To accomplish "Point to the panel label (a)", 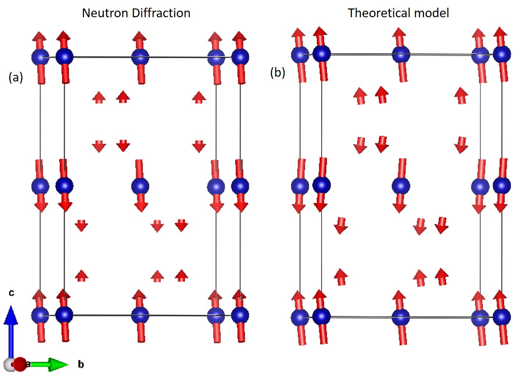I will pos(16,77).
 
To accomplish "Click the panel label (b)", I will pos(278,72).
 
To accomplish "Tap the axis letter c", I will pos(11,292).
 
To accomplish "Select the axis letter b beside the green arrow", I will pos(81,364).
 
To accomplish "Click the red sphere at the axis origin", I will pos(21,364).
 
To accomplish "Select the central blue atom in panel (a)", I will pos(140,186).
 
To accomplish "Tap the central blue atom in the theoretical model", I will pos(401,186).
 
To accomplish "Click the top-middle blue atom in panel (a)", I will pos(140,57).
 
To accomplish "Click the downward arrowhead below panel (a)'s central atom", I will pos(141,207).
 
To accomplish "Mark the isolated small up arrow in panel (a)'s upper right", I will pos(199,98).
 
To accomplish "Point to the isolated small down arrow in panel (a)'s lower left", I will pos(82,226).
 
